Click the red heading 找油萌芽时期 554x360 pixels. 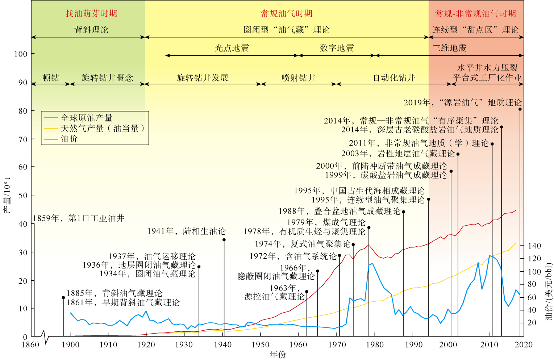click(x=91, y=14)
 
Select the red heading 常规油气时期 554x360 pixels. click(x=287, y=14)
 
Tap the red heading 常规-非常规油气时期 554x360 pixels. click(x=475, y=14)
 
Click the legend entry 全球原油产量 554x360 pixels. click(x=87, y=118)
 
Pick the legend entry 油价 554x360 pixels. click(x=69, y=139)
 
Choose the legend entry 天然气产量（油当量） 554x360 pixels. click(x=103, y=128)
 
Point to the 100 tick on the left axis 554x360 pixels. click(x=21, y=54)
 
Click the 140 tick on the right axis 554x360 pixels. click(x=534, y=246)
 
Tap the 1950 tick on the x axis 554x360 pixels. click(x=261, y=344)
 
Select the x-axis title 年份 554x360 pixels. click(x=278, y=355)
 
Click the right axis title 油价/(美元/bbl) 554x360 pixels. click(x=549, y=292)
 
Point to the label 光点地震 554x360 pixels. click(x=232, y=48)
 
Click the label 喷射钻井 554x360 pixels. click(x=299, y=78)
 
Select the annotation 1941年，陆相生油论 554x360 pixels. click(x=186, y=231)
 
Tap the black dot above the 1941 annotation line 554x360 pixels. click(x=224, y=240)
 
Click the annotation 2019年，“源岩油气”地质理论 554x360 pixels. click(x=463, y=103)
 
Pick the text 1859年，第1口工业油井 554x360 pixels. click(x=79, y=218)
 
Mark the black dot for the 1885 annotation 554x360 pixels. click(x=63, y=298)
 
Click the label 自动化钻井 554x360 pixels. click(x=394, y=78)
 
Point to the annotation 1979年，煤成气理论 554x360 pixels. click(x=326, y=222)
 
